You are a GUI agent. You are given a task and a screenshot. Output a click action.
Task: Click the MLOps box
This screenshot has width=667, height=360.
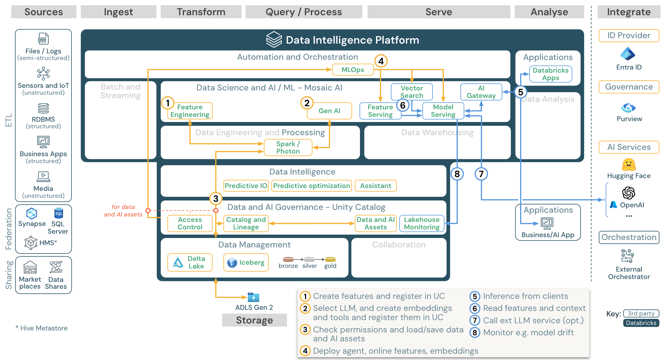pos(353,70)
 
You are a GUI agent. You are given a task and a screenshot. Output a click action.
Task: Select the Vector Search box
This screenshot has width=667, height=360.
pos(412,92)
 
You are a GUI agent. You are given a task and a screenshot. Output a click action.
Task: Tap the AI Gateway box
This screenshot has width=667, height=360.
pos(481,92)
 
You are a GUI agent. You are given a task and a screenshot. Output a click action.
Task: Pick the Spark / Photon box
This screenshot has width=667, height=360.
pos(288,148)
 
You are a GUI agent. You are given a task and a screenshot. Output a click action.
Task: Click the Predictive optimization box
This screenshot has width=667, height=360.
pos(311,186)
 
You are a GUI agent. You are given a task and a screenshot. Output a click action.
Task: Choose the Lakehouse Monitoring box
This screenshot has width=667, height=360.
pos(422,223)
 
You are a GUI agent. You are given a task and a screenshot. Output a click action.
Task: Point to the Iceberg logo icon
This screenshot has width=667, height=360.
pos(232,262)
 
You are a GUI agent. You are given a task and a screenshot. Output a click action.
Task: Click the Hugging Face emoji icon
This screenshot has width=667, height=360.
pos(629,165)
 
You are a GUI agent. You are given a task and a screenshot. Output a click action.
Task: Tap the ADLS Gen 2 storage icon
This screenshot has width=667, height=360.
pos(254,297)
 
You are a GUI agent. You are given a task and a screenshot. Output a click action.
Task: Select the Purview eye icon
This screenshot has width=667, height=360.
pos(628,108)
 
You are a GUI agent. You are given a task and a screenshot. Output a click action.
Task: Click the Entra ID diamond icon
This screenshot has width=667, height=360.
pos(628,54)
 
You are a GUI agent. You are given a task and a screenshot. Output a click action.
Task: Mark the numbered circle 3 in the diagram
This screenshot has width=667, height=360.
pos(216,198)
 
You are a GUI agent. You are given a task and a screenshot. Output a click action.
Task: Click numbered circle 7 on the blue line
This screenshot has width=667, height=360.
pos(481,174)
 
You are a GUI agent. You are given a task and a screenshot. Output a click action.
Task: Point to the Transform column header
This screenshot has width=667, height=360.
pos(201,12)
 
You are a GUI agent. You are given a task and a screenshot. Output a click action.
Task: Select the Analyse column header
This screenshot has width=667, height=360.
pos(549,12)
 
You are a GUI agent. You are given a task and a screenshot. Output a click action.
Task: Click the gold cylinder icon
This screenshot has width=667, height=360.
pos(330,260)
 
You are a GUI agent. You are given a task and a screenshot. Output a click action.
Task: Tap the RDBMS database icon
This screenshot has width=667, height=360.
pos(43,108)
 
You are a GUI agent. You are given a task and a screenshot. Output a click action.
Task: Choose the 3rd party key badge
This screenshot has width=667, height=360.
pos(641,313)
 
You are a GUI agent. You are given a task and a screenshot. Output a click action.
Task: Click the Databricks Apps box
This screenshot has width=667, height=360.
pos(550,74)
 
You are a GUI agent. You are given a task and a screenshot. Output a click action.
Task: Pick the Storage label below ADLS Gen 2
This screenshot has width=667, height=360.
pos(254,320)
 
